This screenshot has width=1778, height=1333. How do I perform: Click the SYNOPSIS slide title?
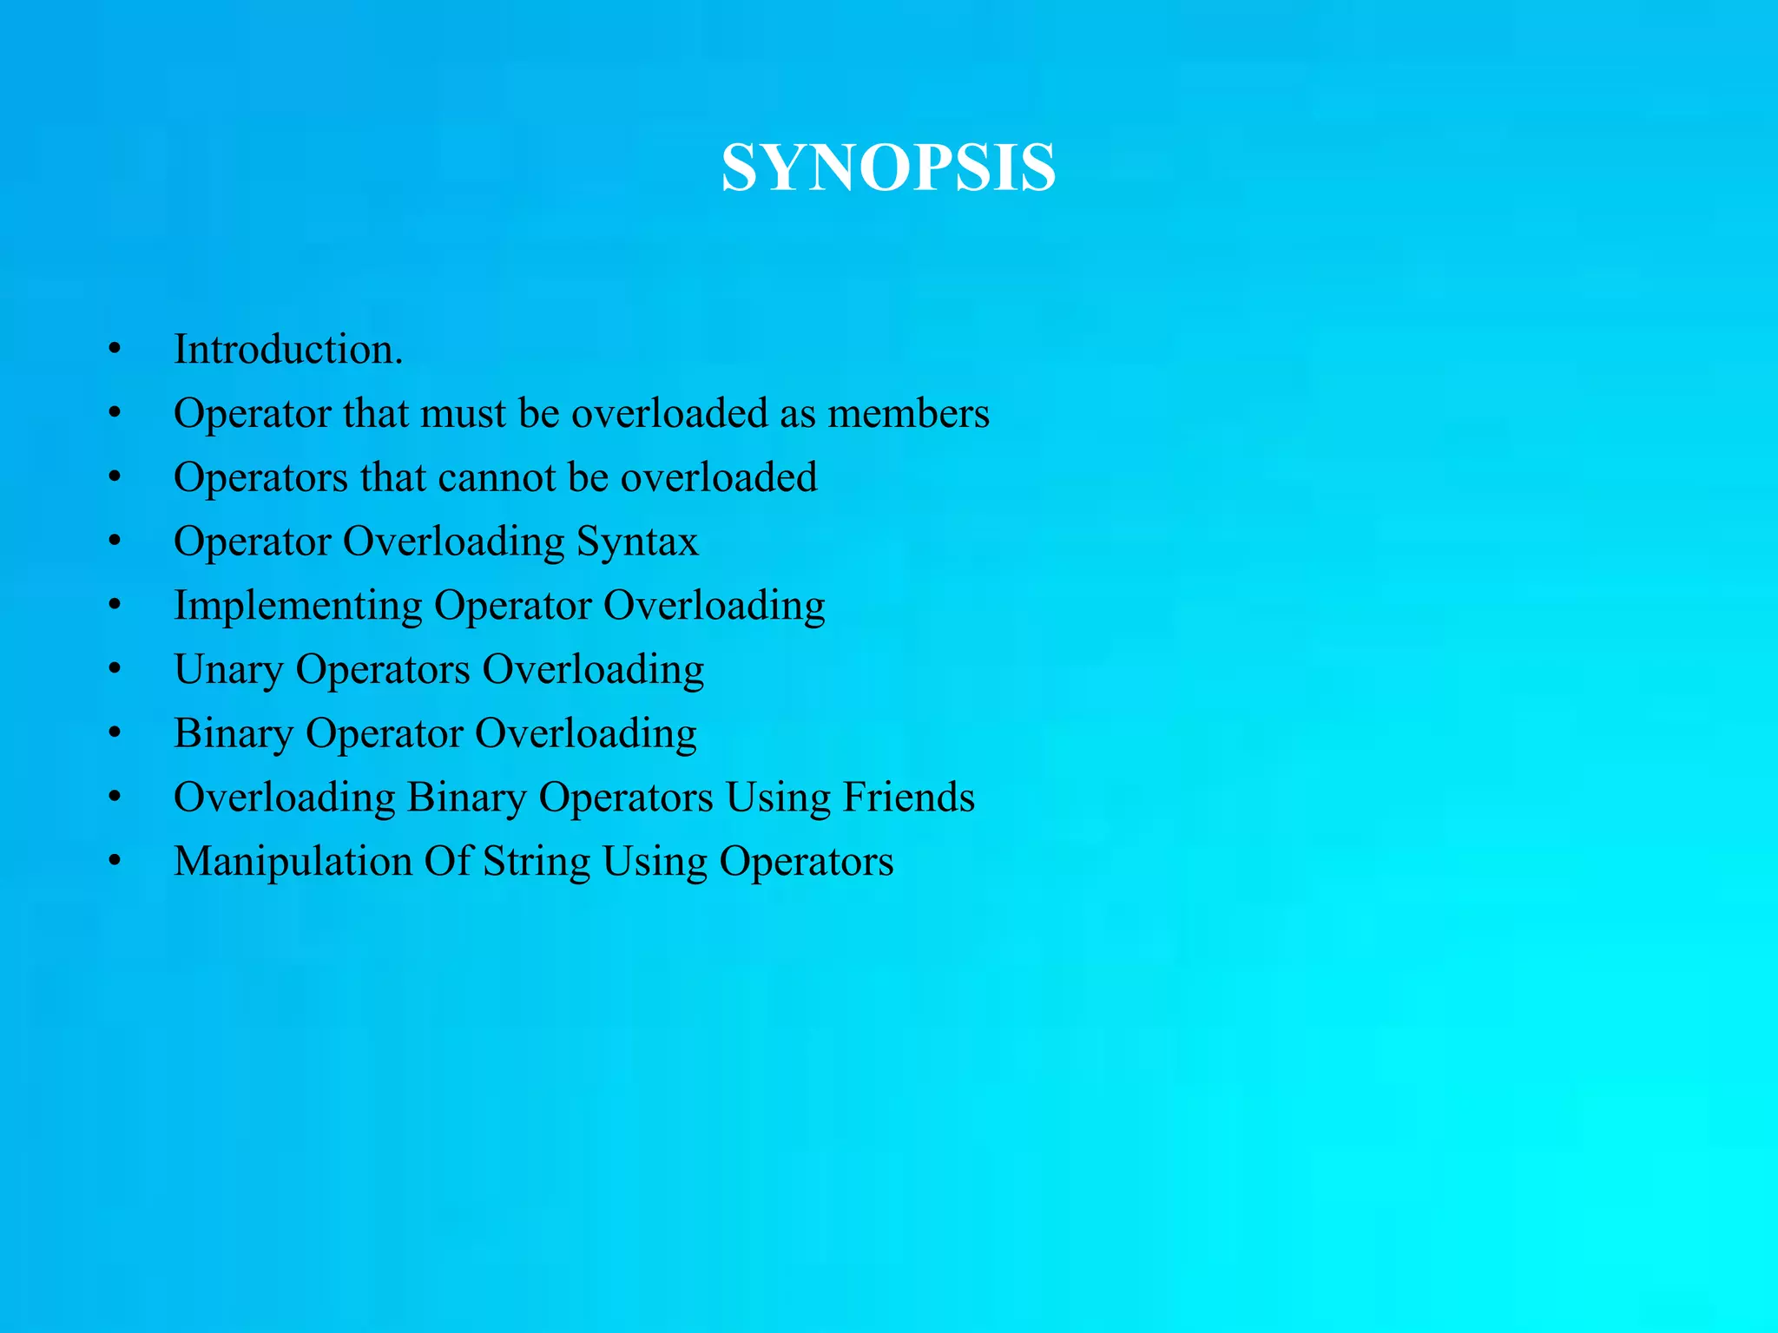pos(888,167)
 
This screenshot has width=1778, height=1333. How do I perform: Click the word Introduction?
pos(287,350)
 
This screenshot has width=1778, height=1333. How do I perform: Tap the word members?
pos(908,414)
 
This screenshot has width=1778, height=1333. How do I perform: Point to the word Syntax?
pos(637,542)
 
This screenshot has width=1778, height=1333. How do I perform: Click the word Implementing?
pos(298,606)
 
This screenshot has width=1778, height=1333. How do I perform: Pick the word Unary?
pos(228,670)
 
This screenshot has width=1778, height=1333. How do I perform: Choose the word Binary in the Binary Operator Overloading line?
pos(234,734)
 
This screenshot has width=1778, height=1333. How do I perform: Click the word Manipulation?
pos(293,862)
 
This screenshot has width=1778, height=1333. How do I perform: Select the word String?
pos(536,862)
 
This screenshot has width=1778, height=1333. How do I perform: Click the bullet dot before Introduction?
pos(115,351)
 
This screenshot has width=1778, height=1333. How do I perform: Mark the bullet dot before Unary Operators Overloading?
pos(115,670)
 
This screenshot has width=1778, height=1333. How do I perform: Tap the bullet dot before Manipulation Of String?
pos(115,862)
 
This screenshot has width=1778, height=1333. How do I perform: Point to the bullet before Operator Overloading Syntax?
pos(115,542)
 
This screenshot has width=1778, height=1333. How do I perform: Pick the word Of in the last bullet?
pos(447,862)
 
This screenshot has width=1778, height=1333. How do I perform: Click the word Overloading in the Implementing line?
pos(714,606)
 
